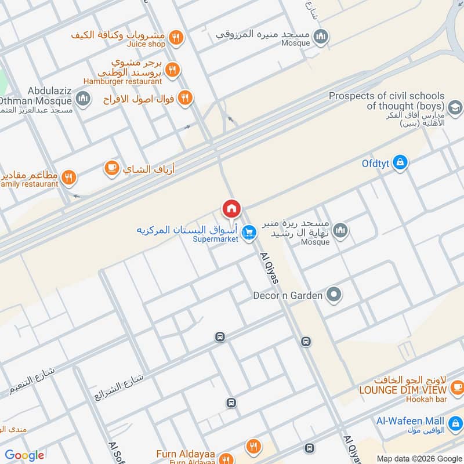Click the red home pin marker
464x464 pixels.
[231, 209]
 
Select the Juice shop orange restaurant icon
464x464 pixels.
[176, 39]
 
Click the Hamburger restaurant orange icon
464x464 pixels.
[172, 71]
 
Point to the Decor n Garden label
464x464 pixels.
[288, 296]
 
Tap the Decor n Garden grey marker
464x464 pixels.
[333, 295]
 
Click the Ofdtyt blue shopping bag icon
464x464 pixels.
[400, 163]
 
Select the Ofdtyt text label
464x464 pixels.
[375, 164]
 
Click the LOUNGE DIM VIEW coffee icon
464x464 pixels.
[457, 386]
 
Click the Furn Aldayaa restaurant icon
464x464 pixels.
[253, 447]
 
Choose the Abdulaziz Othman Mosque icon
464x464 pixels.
[83, 99]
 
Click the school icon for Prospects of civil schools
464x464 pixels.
[455, 106]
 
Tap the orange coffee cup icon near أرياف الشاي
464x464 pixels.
[111, 168]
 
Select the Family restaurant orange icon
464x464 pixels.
[69, 177]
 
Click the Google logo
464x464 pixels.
[24, 455]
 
